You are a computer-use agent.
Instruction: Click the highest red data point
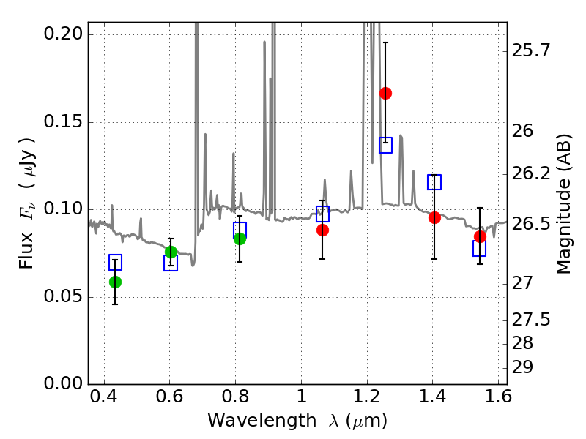385,93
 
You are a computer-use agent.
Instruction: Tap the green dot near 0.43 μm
115,282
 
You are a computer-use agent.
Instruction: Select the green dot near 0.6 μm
171,252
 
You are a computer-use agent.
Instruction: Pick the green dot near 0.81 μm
240,239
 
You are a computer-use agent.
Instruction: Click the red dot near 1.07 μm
322,230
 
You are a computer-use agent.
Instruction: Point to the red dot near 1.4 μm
434,217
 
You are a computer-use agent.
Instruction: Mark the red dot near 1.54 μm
480,236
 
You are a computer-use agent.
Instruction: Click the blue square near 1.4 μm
434,182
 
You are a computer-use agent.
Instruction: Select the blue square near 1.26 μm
385,145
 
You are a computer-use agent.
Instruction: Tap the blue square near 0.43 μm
115,262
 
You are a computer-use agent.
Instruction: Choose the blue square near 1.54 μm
480,249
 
